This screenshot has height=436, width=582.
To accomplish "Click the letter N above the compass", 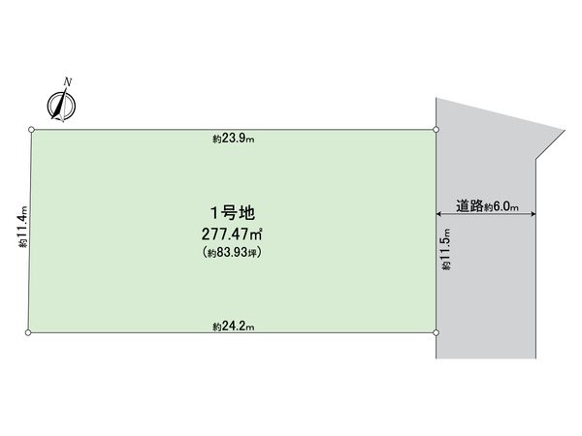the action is pyautogui.click(x=68, y=82).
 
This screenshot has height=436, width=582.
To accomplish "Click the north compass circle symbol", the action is pyautogui.click(x=61, y=106).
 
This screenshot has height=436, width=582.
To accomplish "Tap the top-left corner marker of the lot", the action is pyautogui.click(x=32, y=130).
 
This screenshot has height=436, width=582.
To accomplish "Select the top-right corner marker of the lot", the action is pyautogui.click(x=436, y=130).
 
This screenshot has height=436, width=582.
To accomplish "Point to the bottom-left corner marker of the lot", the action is pyautogui.click(x=28, y=332).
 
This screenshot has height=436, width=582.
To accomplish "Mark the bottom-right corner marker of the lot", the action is pyautogui.click(x=436, y=332).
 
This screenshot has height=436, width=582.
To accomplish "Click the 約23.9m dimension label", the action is pyautogui.click(x=234, y=139).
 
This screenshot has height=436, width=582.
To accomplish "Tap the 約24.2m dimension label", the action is pyautogui.click(x=234, y=327).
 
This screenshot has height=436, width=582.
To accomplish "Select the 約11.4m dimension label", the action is pyautogui.click(x=22, y=227).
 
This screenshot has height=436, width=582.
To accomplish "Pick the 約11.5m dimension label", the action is pyautogui.click(x=446, y=249).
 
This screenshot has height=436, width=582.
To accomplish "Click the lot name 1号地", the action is pyautogui.click(x=233, y=213).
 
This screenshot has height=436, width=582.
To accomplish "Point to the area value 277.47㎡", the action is pyautogui.click(x=233, y=234).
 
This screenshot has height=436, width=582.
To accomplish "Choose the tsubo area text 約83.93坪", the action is pyautogui.click(x=233, y=253).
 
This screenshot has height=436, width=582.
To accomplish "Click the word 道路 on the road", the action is pyautogui.click(x=469, y=205).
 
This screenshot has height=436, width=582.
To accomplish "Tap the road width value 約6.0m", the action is pyautogui.click(x=501, y=207).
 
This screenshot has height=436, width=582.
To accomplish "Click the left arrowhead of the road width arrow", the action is pyautogui.click(x=438, y=213).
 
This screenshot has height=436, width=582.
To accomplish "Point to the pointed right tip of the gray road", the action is pyautogui.click(x=565, y=130).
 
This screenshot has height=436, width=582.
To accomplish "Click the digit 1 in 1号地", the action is pyautogui.click(x=214, y=213).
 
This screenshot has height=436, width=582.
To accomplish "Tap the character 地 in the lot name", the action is pyautogui.click(x=247, y=213).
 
